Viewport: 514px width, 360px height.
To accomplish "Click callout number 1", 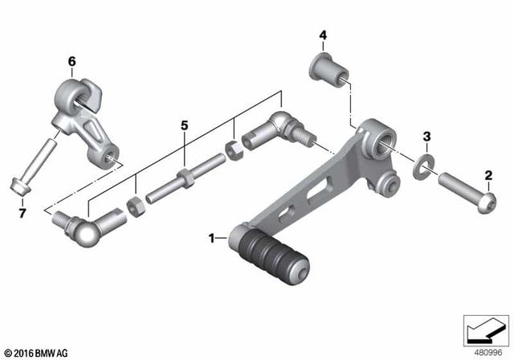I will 212,238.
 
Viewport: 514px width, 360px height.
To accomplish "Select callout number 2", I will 487,174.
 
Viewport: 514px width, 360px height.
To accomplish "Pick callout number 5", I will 184,125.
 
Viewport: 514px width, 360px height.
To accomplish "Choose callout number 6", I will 71,61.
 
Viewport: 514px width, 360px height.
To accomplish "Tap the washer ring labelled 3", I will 421,170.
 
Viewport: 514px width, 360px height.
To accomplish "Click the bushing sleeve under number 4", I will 328,67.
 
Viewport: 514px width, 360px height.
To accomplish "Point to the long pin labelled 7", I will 34,166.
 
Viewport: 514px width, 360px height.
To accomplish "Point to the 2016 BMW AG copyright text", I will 37,350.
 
